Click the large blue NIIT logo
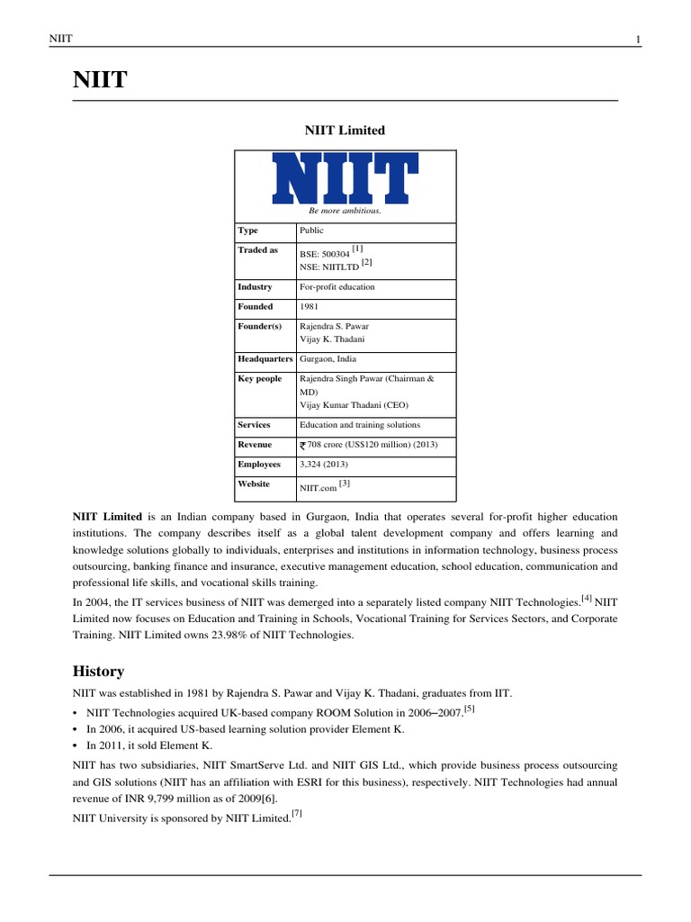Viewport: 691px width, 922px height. pyautogui.click(x=345, y=177)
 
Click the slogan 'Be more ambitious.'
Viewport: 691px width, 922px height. pyautogui.click(x=345, y=211)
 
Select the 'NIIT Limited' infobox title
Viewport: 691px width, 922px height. pyautogui.click(x=345, y=131)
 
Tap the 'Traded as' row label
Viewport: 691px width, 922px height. pyautogui.click(x=257, y=250)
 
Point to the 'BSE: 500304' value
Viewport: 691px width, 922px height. pyautogui.click(x=325, y=255)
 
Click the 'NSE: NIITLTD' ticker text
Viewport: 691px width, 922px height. pyautogui.click(x=328, y=267)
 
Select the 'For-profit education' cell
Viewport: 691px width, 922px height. pyautogui.click(x=337, y=287)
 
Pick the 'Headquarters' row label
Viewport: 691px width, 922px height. pyautogui.click(x=265, y=358)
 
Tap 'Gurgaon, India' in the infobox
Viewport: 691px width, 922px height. pyautogui.click(x=328, y=358)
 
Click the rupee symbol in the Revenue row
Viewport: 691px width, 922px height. pyautogui.click(x=303, y=445)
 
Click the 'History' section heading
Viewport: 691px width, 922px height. pyautogui.click(x=98, y=672)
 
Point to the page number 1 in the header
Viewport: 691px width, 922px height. pyautogui.click(x=638, y=39)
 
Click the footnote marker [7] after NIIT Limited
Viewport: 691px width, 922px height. pyautogui.click(x=297, y=814)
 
